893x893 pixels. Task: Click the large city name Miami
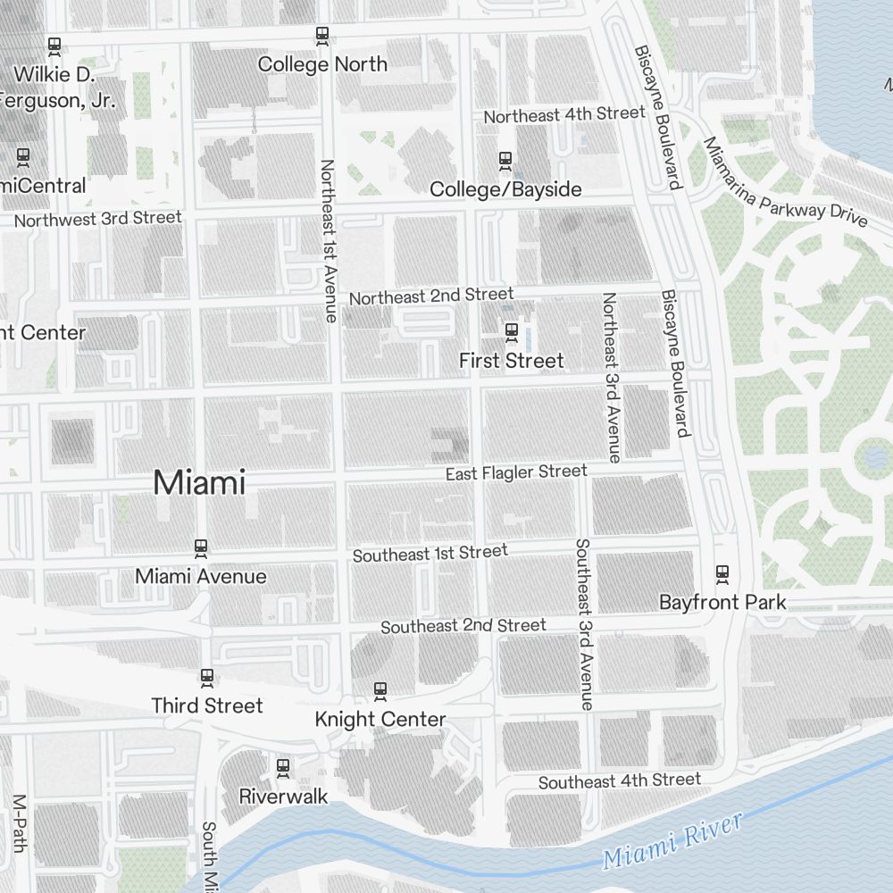coord(199,483)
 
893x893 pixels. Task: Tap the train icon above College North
coord(322,36)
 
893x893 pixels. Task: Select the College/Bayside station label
coord(505,189)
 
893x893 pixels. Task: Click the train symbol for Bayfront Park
coord(722,573)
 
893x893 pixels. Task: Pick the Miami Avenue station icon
coord(201,547)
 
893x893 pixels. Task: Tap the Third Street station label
coord(207,705)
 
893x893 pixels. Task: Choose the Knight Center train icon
coord(380,690)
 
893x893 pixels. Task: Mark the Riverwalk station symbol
coord(283,767)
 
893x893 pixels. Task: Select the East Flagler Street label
coord(516,472)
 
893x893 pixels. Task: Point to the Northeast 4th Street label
coord(563,114)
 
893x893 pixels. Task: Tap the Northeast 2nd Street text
coord(431,296)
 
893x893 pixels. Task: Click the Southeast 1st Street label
coord(430,554)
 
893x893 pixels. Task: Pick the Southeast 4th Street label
coord(619,781)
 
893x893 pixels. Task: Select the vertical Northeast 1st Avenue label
coord(328,240)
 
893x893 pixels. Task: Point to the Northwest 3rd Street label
coord(97,218)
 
